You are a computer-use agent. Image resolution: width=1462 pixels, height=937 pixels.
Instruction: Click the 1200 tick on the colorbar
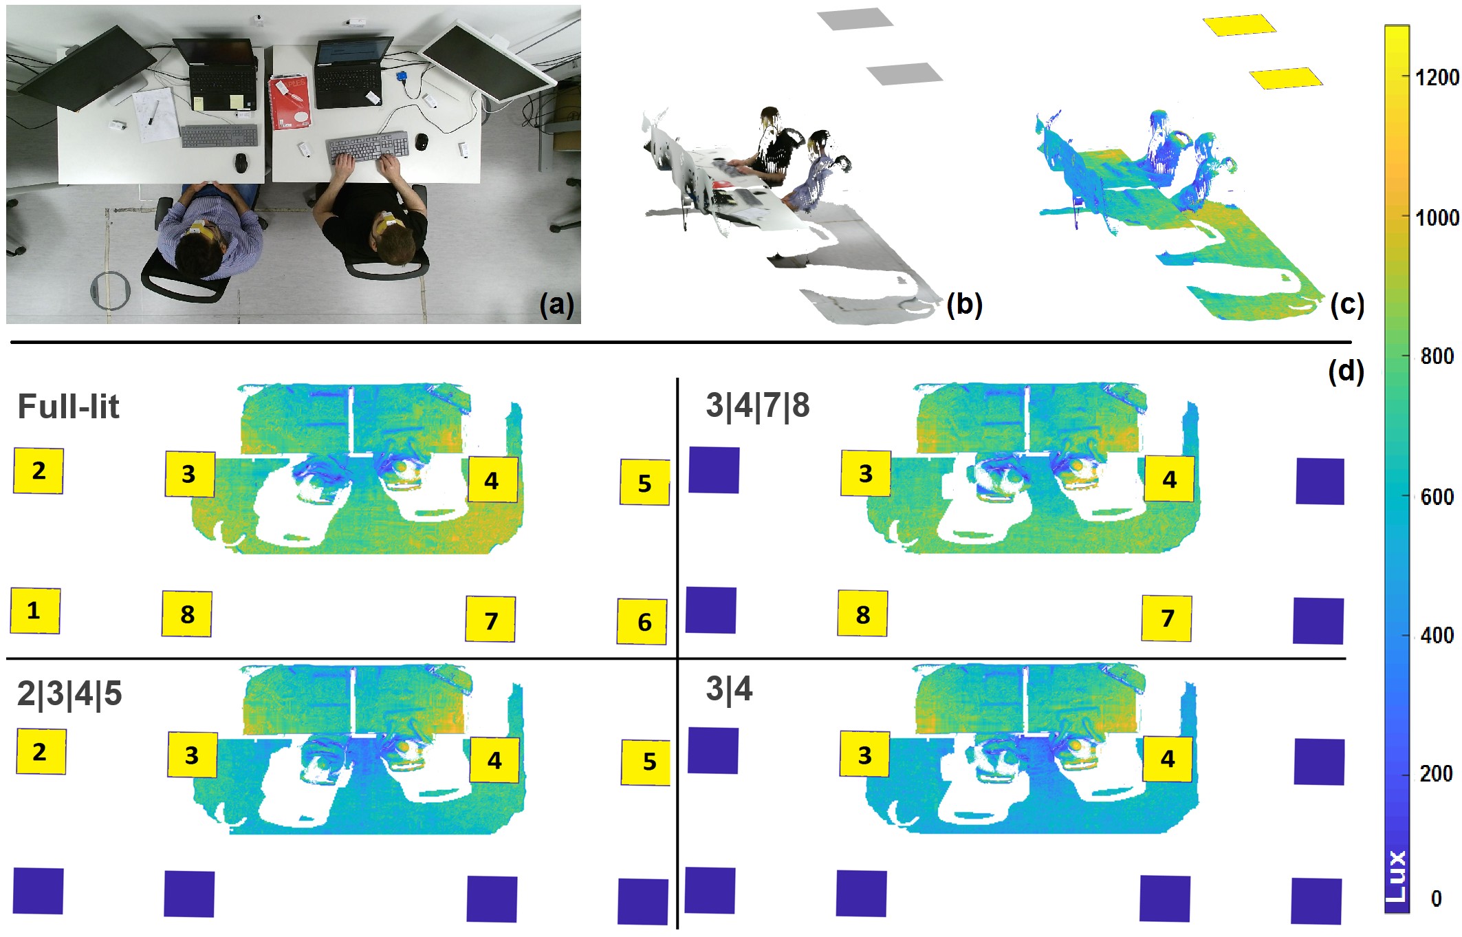pos(1437,77)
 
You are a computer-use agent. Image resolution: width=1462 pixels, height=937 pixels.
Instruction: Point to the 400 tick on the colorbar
pos(1437,635)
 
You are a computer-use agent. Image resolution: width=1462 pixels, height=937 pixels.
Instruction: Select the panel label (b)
pos(964,304)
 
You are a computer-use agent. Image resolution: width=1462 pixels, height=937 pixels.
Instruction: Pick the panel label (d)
pos(1346,371)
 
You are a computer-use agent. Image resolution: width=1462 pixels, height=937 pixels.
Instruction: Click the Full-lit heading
pos(68,406)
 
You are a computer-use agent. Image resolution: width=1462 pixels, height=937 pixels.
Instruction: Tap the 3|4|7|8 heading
pos(757,405)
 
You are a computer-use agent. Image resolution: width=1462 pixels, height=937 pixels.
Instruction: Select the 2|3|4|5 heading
pos(69,693)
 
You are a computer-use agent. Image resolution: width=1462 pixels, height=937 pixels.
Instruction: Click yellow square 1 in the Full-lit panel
pos(35,611)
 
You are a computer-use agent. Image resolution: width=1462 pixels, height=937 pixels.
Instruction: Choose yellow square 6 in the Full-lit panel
pos(642,622)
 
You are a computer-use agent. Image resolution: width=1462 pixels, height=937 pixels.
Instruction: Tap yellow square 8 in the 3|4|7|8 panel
pos(862,614)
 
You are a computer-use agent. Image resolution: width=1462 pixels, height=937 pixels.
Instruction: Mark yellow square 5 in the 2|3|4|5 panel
pos(646,762)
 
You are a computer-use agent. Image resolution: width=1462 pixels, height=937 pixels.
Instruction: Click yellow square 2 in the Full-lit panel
pos(39,471)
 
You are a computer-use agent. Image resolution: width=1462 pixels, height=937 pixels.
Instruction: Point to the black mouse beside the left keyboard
pos(241,164)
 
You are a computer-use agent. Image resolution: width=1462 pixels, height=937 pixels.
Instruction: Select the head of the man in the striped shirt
pos(200,252)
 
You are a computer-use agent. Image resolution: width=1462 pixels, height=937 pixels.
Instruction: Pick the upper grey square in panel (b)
pos(855,19)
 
